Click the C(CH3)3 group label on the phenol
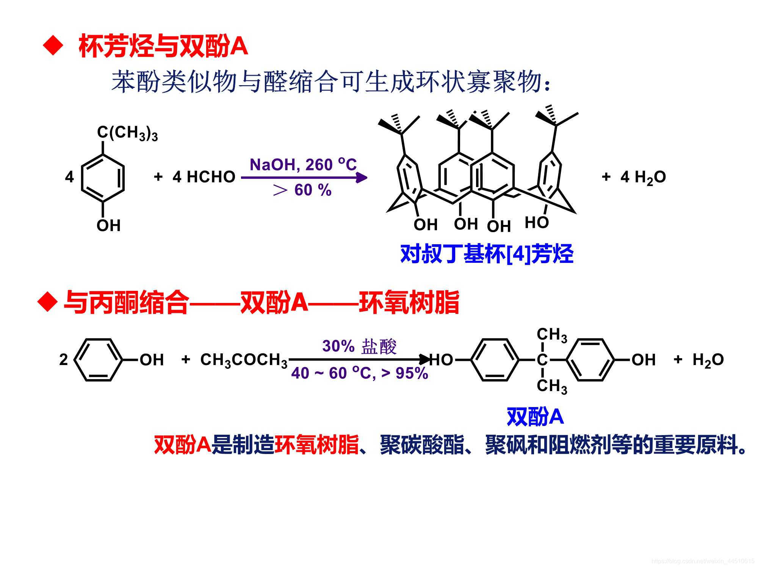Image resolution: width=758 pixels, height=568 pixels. click(x=127, y=133)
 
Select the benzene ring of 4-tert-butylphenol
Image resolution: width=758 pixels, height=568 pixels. click(x=103, y=177)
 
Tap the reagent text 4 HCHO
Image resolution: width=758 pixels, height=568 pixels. click(x=204, y=177)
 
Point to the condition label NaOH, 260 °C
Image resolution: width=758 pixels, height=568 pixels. click(x=303, y=165)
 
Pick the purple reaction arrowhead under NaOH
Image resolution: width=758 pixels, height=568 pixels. click(x=362, y=178)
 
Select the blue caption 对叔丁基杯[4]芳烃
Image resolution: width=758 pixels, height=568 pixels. click(x=487, y=254)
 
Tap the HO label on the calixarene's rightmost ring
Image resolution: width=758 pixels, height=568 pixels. click(x=537, y=223)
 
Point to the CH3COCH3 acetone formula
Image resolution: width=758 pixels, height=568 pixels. click(x=244, y=360)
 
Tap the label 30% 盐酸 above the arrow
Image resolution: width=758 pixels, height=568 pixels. click(x=359, y=346)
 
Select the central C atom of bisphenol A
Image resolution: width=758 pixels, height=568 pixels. click(x=542, y=360)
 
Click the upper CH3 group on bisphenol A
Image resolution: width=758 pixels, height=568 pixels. click(x=552, y=335)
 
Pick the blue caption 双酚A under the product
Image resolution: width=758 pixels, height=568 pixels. click(x=535, y=417)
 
